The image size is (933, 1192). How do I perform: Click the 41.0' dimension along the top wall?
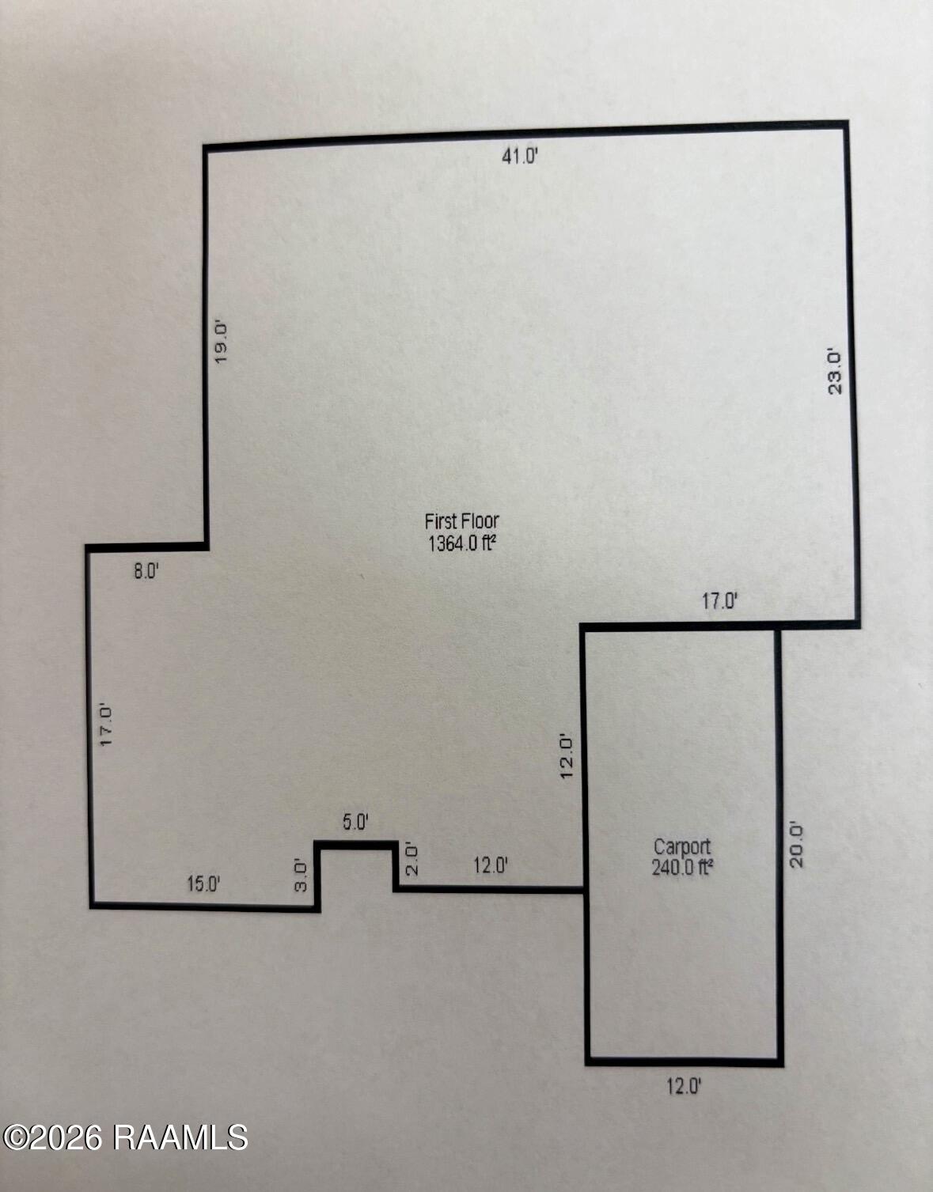(520, 157)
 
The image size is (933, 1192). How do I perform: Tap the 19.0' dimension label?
(221, 342)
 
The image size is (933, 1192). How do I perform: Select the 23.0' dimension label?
(834, 372)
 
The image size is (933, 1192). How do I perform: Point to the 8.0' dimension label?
(146, 572)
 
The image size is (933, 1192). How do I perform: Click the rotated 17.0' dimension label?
(106, 725)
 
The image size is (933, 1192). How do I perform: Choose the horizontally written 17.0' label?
(720, 602)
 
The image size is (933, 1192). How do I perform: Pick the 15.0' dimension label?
(203, 884)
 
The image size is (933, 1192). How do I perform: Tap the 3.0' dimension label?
(301, 876)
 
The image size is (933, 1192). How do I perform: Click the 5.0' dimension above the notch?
(355, 823)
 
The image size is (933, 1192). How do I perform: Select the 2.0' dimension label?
(412, 858)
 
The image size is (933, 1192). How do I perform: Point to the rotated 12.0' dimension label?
(567, 756)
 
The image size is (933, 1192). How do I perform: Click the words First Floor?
(462, 520)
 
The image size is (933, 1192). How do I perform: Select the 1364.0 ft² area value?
(462, 543)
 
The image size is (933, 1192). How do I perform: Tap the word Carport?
(682, 847)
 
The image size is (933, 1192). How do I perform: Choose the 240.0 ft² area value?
(682, 868)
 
